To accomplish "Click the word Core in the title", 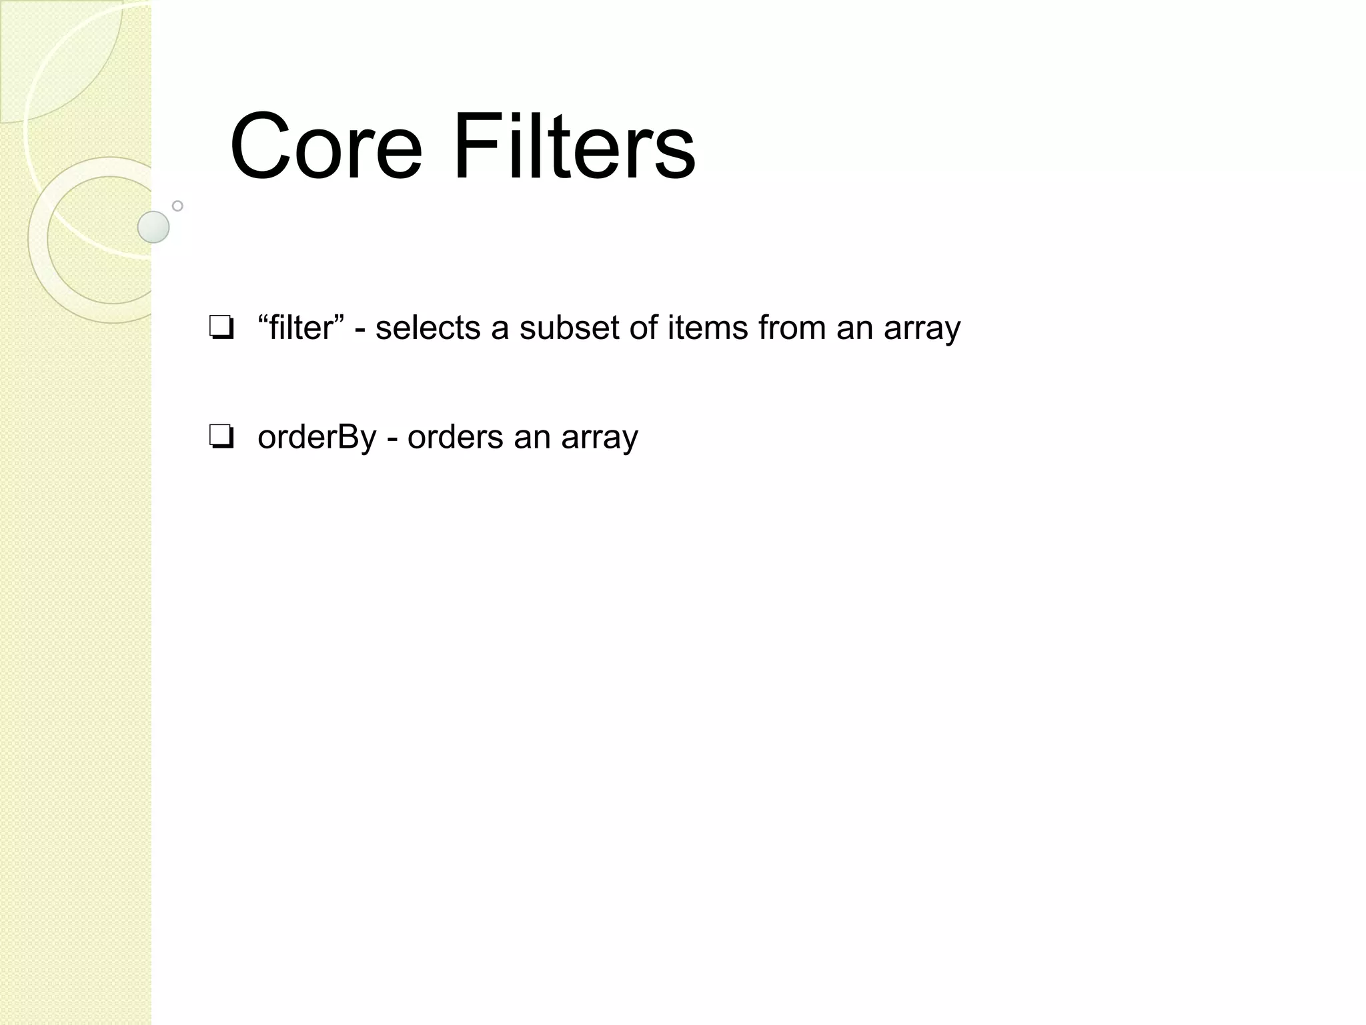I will click(x=325, y=146).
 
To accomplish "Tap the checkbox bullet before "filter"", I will click(x=221, y=328).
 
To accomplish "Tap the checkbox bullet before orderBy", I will click(x=221, y=438).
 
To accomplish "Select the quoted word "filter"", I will click(x=301, y=328).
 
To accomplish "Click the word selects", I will click(x=428, y=328).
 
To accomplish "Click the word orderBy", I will click(x=317, y=438).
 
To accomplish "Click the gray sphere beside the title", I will click(x=153, y=227).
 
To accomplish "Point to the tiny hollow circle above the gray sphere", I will click(x=177, y=206).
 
